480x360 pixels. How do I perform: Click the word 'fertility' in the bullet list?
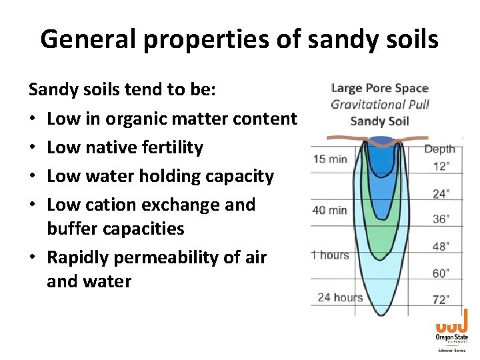171,147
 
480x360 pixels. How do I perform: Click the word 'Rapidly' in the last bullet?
81,257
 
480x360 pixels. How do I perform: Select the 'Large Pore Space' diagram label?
379,88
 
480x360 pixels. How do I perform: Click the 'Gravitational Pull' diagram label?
380,104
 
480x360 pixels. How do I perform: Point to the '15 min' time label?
331,159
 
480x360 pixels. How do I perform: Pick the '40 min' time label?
330,210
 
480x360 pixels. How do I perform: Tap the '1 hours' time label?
329,255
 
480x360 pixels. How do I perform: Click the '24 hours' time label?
340,297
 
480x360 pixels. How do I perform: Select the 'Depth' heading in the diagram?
439,149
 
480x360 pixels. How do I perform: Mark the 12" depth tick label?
440,167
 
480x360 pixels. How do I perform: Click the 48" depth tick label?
440,246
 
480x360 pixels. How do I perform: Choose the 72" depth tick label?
440,299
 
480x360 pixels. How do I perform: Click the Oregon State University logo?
451,334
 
